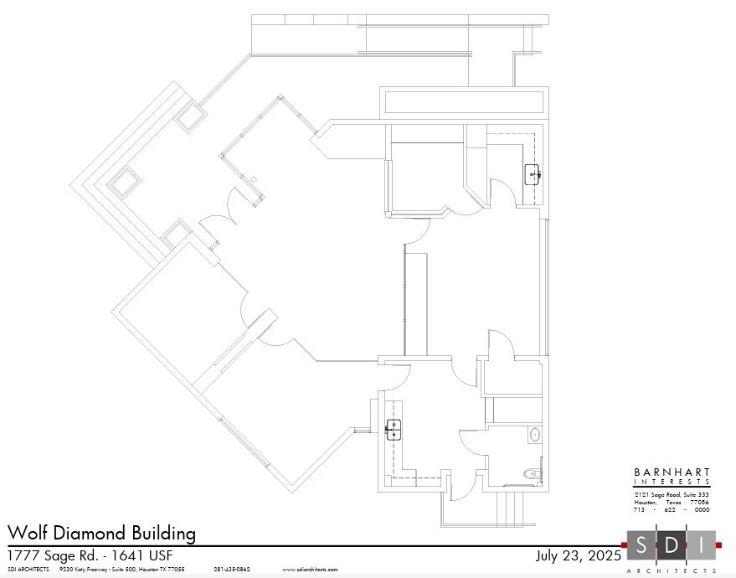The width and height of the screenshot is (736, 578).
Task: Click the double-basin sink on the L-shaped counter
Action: point(393,429)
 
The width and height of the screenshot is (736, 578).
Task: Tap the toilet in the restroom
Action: point(533,474)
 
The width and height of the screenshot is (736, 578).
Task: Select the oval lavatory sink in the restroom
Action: point(535,434)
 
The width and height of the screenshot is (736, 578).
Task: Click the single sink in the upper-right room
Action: point(533,175)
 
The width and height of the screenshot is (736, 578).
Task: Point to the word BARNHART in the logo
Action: point(672,472)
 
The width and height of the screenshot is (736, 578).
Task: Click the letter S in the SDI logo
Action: point(641,545)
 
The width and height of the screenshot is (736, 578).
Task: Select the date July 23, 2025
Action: point(578,555)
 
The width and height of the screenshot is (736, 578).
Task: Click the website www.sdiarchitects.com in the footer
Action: point(310,570)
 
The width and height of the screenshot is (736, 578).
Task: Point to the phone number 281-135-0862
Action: point(232,570)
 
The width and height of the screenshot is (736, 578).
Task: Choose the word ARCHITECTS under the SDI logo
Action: point(672,570)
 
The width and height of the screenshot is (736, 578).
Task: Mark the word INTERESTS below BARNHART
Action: point(672,482)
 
